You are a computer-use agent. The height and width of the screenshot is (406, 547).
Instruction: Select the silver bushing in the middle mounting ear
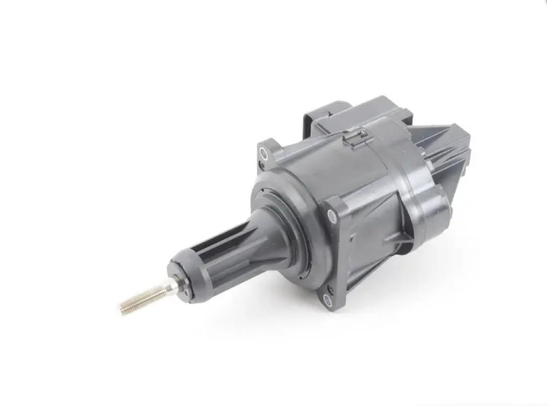pyautogui.click(x=332, y=214)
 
